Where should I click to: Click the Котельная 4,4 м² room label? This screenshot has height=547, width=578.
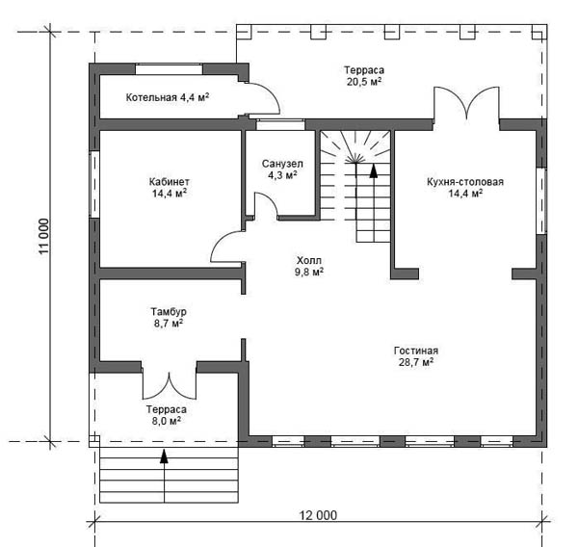coord(168,97)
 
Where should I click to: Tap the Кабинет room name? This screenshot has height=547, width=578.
coord(170,182)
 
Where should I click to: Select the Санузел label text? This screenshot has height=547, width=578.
coord(282,164)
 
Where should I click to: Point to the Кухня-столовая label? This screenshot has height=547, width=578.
coord(465,182)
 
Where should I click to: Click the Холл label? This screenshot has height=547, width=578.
coord(309,260)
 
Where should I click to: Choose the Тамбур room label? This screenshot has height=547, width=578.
coord(169,312)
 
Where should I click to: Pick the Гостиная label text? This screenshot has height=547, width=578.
coord(416,351)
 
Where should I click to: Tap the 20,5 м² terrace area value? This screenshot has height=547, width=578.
coord(364,82)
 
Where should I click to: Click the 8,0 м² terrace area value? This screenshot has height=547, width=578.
coord(167,421)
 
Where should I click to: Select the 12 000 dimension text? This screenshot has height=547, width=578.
coord(318,515)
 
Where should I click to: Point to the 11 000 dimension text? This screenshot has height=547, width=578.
coord(43,236)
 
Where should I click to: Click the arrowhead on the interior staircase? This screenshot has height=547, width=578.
coord(374,171)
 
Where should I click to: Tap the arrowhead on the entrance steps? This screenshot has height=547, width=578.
coord(164,456)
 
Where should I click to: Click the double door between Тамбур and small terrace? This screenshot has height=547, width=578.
coord(170,385)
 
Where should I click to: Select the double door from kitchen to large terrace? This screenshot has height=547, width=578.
coord(466,103)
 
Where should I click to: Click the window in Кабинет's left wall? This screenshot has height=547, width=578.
coord(94,184)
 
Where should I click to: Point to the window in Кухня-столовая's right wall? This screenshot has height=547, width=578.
coord(541,201)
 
